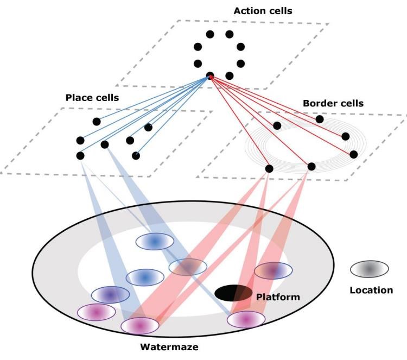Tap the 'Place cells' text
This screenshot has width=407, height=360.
point(92,98)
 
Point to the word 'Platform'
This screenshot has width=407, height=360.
point(278,297)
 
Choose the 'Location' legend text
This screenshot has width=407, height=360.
point(371,290)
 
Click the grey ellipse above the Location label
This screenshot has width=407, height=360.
point(369,268)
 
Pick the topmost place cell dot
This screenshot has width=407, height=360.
point(96,121)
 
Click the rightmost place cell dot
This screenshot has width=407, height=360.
point(148,128)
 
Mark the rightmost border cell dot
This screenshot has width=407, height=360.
point(354,154)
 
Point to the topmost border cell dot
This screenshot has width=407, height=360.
point(320,119)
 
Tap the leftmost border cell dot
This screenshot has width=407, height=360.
point(269,169)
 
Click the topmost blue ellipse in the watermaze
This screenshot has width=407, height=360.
point(154,241)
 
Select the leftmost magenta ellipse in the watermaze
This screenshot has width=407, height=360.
point(96,312)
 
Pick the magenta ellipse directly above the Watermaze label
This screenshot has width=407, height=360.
point(139,325)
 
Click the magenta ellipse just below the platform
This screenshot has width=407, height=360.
point(246,320)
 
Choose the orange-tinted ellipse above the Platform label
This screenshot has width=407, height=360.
point(274,270)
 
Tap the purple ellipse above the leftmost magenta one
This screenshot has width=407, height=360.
point(110,294)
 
